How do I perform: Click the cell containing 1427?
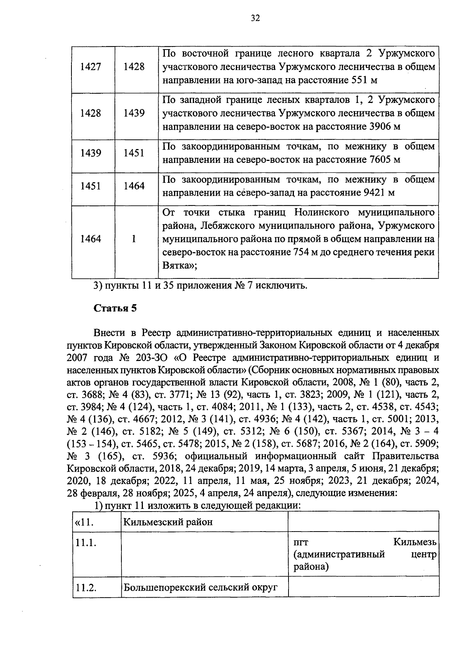(x=91, y=67)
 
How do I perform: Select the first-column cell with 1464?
(x=91, y=239)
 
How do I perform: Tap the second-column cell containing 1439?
(x=134, y=113)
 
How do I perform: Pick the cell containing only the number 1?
(x=134, y=239)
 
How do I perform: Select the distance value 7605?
(x=376, y=160)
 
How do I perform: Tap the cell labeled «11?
(x=85, y=522)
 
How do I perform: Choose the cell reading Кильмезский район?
(x=167, y=522)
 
